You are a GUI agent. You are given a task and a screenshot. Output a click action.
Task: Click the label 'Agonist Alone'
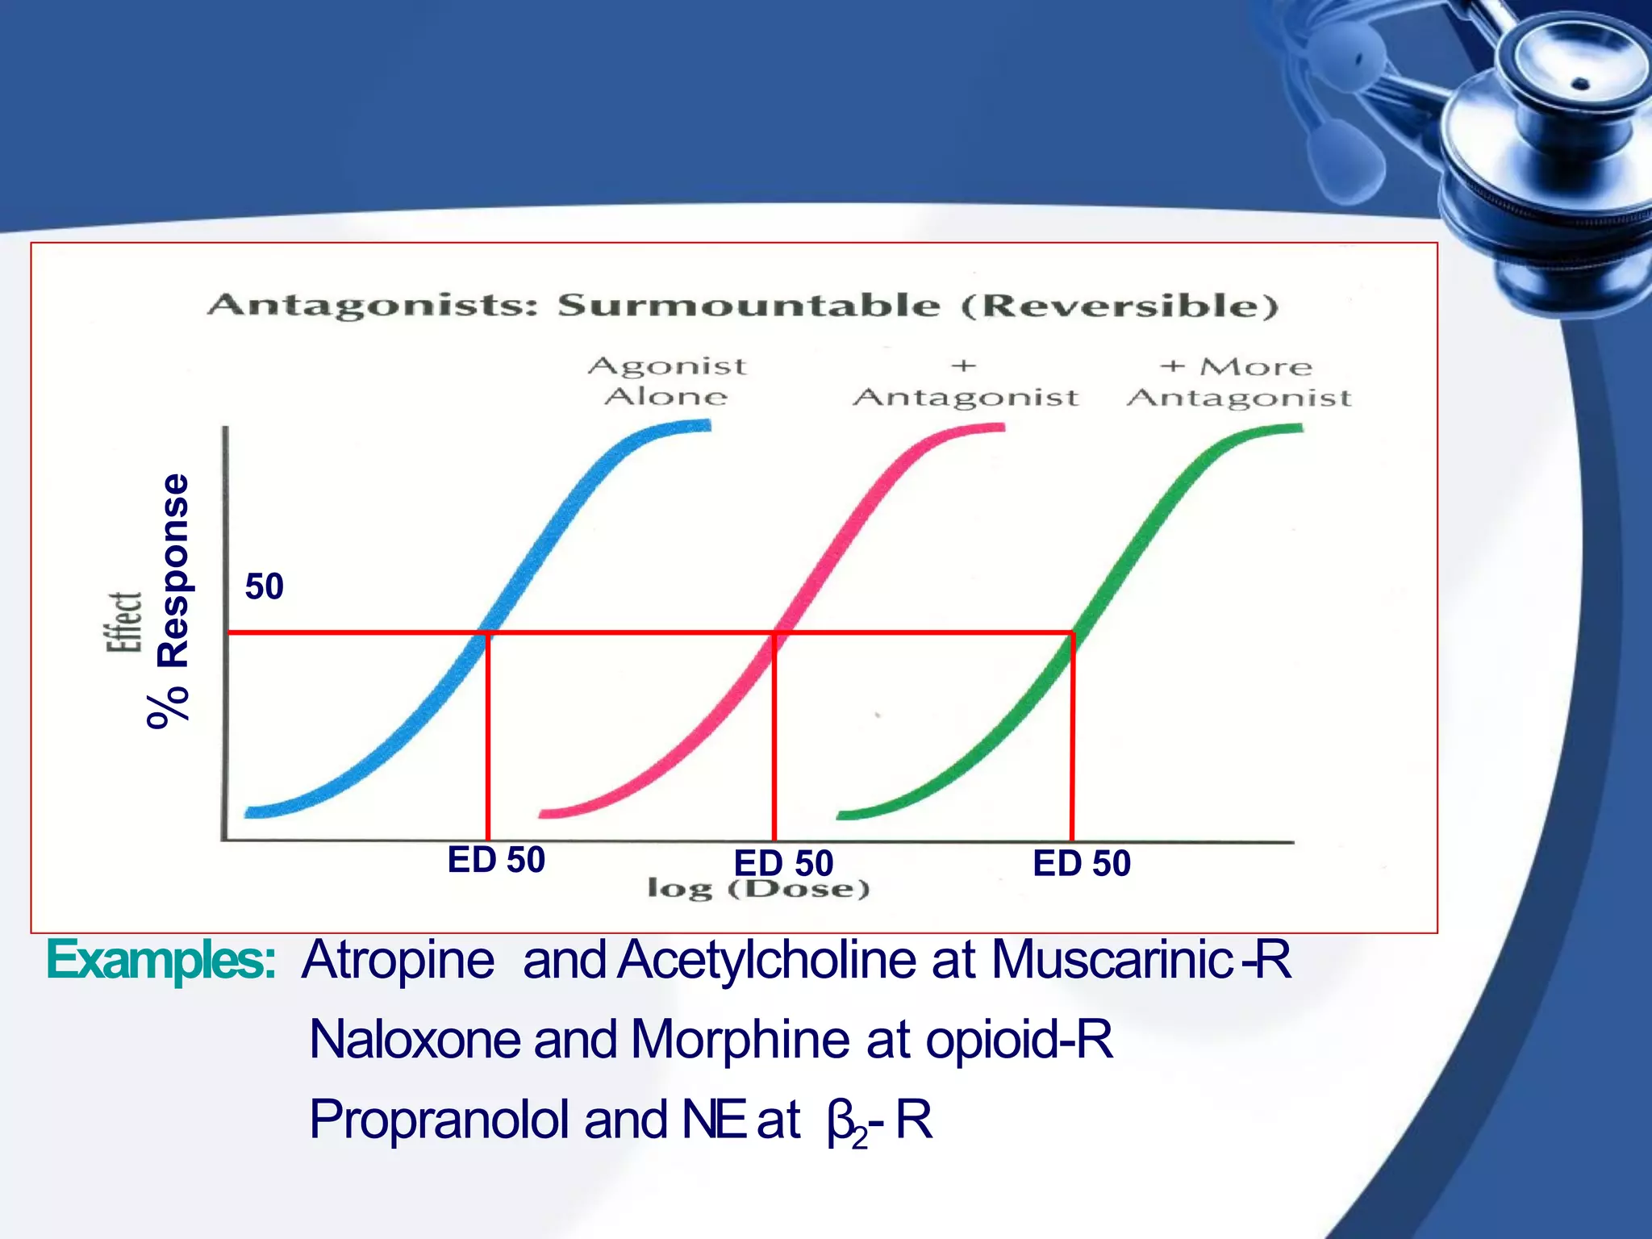tap(667, 381)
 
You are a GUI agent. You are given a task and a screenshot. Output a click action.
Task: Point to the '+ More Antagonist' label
tap(1238, 382)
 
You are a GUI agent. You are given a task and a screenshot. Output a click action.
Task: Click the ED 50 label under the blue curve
tap(496, 860)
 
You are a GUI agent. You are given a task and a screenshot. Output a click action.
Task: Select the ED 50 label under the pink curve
tap(782, 863)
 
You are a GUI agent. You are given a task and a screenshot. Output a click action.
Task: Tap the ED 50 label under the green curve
tap(1082, 863)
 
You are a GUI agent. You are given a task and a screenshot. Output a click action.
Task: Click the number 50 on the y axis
tap(265, 586)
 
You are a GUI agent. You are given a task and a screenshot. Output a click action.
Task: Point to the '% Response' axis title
tap(172, 601)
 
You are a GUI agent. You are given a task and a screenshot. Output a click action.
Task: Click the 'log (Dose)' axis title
tap(758, 890)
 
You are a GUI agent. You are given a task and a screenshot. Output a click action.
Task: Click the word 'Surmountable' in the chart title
tap(749, 306)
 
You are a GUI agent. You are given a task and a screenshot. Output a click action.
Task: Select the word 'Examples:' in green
tap(161, 960)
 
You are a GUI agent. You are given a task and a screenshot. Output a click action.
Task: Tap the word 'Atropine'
tap(398, 960)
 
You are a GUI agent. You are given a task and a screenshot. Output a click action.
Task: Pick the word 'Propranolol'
tap(439, 1120)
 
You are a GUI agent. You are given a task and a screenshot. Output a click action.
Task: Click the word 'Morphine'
tap(739, 1039)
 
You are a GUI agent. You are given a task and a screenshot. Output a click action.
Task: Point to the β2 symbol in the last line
tap(845, 1123)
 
